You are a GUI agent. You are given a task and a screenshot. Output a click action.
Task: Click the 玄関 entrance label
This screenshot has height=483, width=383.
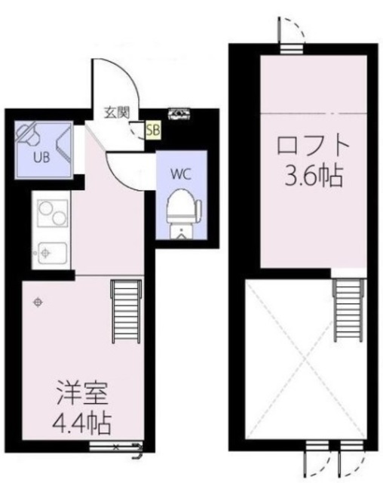116,113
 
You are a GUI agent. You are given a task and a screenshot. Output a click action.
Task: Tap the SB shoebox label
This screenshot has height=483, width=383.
153,130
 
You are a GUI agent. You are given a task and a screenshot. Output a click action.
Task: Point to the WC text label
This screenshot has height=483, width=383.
180,173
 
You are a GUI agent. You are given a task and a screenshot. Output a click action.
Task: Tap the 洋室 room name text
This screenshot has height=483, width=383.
83,394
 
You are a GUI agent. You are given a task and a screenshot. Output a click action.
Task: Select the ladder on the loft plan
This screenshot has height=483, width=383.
346,310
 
